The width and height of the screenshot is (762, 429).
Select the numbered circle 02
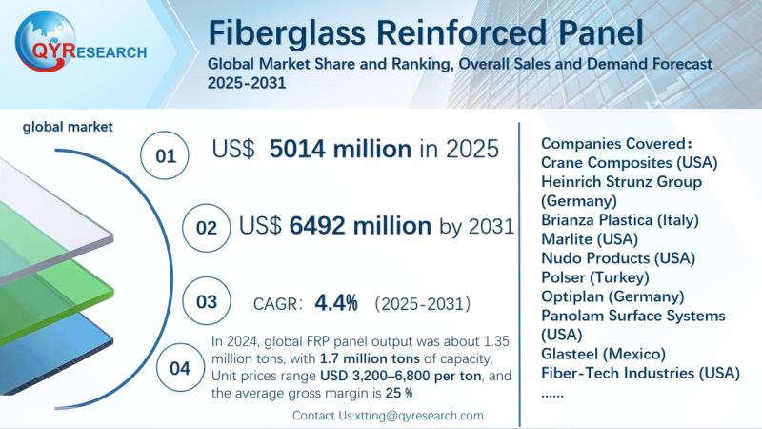click(207, 229)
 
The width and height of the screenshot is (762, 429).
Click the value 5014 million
click(340, 149)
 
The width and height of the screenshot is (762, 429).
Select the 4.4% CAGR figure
click(337, 303)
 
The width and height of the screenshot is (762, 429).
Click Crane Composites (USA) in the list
click(629, 162)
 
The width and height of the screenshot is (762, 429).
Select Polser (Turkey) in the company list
click(594, 277)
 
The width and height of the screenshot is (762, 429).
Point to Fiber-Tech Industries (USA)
click(637, 373)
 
